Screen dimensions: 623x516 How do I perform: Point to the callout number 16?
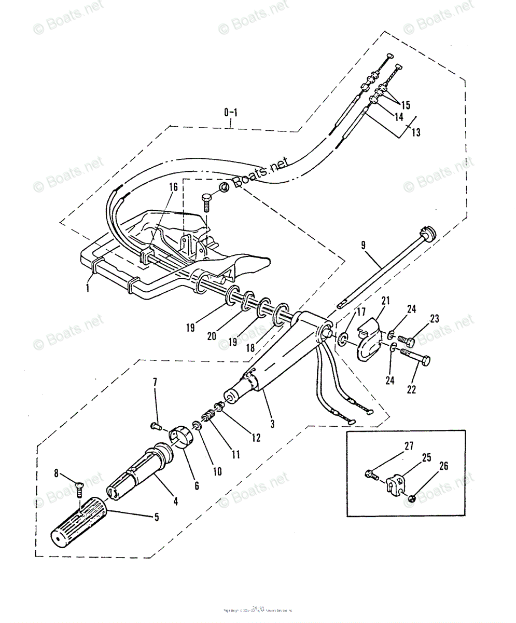point(173,186)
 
